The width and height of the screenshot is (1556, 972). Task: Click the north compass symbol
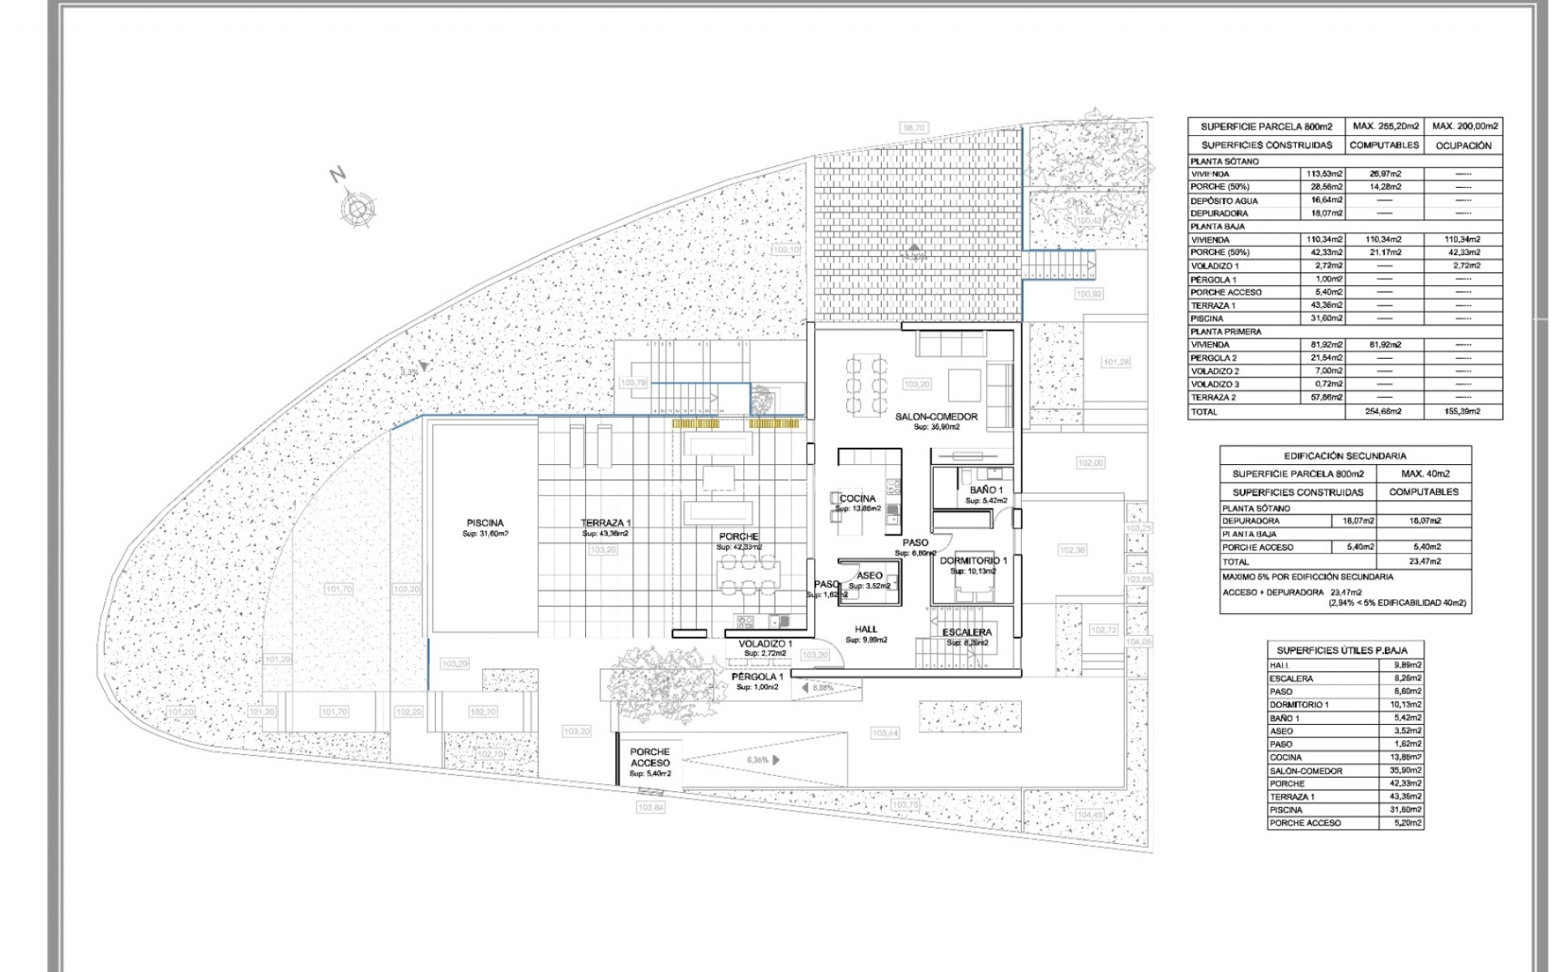(356, 207)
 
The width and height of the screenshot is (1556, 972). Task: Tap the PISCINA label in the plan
(485, 523)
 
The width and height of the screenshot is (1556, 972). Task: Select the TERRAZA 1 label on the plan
(605, 523)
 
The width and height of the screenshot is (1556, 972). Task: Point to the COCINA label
(857, 499)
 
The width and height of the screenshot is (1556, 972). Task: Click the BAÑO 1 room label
(986, 491)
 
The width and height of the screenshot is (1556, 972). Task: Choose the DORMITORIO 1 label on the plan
(973, 561)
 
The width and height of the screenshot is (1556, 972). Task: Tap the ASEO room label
(870, 576)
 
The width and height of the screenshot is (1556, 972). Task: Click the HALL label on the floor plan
(866, 629)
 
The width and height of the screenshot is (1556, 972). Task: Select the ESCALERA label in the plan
(967, 633)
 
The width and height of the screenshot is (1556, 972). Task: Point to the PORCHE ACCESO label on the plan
(650, 757)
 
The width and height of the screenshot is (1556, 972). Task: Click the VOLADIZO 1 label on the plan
(765, 644)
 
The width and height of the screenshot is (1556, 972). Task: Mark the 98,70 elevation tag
(913, 128)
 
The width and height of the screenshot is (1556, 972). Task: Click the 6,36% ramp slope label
(758, 761)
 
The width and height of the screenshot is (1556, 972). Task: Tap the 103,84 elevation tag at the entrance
(651, 808)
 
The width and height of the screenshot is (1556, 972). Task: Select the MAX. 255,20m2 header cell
(1386, 126)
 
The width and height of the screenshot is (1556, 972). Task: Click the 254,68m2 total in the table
(1384, 411)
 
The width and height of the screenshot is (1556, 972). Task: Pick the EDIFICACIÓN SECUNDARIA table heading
(1345, 456)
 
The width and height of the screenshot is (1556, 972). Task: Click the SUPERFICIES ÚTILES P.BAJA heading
(1345, 650)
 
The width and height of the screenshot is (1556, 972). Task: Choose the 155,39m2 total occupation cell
(1463, 411)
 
